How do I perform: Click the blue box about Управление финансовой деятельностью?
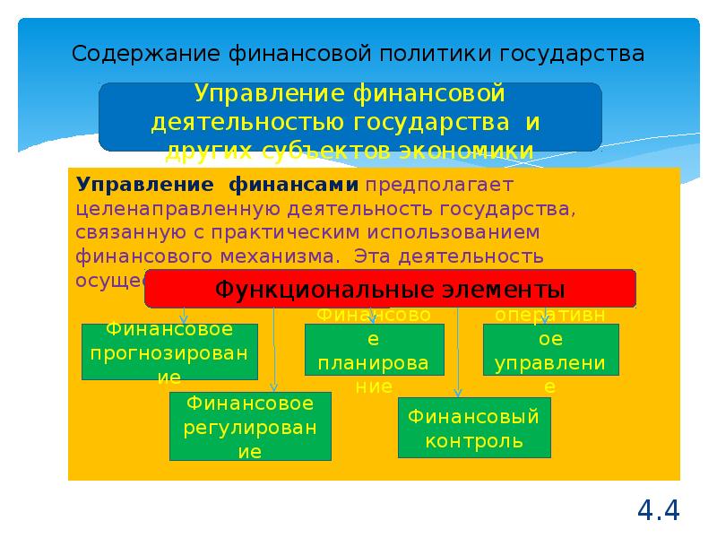pyautogui.click(x=350, y=117)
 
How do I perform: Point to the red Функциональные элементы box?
pyautogui.click(x=391, y=290)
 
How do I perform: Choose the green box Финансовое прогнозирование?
pyautogui.click(x=170, y=351)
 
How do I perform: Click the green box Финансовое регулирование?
pyautogui.click(x=249, y=427)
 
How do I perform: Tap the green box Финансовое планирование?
pyautogui.click(x=375, y=350)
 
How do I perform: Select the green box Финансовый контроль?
pyautogui.click(x=474, y=428)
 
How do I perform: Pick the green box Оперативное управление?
pyautogui.click(x=550, y=350)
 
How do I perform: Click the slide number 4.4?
pyautogui.click(x=659, y=510)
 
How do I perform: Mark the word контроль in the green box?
pyautogui.click(x=474, y=440)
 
